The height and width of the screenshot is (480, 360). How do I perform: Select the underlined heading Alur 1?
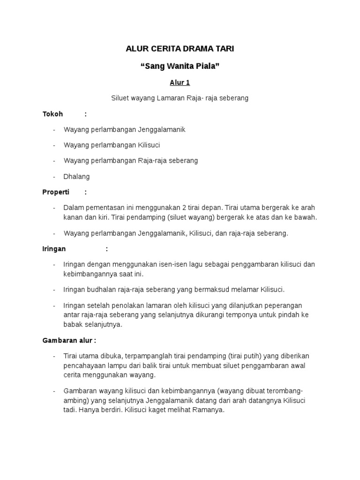coord(180,82)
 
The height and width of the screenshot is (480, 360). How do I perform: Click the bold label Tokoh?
coord(52,114)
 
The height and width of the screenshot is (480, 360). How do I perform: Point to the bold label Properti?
coord(56,192)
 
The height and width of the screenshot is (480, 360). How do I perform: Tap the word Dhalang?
coord(76,176)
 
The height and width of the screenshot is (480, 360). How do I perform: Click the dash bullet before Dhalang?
coord(54,176)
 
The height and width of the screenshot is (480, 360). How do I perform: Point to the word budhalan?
coord(101,289)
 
